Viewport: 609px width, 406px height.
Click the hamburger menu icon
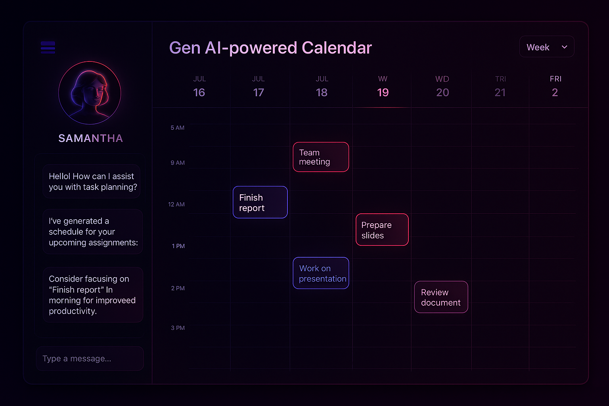pos(48,47)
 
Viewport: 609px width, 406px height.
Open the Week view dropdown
pos(547,47)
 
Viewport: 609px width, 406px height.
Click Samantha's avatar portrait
pos(90,93)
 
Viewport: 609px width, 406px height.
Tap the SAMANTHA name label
pos(90,138)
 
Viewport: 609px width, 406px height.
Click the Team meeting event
pos(321,157)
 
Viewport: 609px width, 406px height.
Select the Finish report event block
pos(260,202)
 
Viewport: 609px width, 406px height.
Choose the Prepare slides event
pos(382,230)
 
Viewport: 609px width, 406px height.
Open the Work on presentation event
pos(321,273)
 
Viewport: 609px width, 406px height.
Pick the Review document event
pos(441,297)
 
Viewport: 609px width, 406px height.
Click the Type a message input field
pos(90,358)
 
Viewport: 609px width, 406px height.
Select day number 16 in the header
pos(199,92)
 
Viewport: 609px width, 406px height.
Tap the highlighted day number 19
pos(383,92)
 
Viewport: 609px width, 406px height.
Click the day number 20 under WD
pos(442,92)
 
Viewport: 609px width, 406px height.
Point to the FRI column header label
pos(555,79)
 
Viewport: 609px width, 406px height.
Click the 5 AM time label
pos(177,128)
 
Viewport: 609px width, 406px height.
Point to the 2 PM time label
pos(178,288)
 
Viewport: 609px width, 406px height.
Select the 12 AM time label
pos(176,204)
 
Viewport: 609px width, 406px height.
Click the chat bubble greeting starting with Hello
pos(92,181)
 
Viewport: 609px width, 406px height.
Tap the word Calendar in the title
pos(337,48)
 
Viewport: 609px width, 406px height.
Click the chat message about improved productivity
pos(92,295)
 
